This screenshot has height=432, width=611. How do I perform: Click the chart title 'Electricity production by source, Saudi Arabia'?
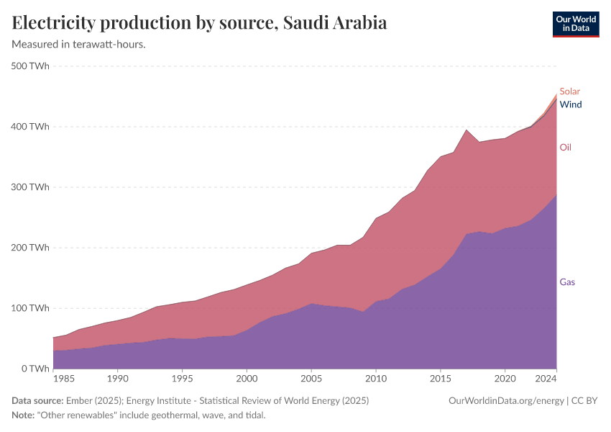200,23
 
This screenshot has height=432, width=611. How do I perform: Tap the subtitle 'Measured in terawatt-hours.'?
79,45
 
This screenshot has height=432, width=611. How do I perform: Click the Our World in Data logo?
575,24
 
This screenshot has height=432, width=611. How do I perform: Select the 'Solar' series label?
569,91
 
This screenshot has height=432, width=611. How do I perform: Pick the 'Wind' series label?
571,104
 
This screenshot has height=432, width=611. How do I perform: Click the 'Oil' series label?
566,148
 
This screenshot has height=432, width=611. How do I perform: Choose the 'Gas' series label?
567,282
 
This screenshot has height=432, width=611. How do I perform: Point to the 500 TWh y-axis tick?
30,66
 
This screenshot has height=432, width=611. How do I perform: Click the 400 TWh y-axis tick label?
30,127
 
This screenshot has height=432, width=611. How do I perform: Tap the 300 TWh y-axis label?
30,187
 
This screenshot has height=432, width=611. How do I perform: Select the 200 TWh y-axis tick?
30,248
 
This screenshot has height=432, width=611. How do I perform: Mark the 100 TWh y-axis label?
30,308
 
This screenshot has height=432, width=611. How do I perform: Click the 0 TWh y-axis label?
35,369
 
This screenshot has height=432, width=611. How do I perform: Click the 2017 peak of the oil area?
467,131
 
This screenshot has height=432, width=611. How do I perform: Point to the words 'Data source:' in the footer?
37,400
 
